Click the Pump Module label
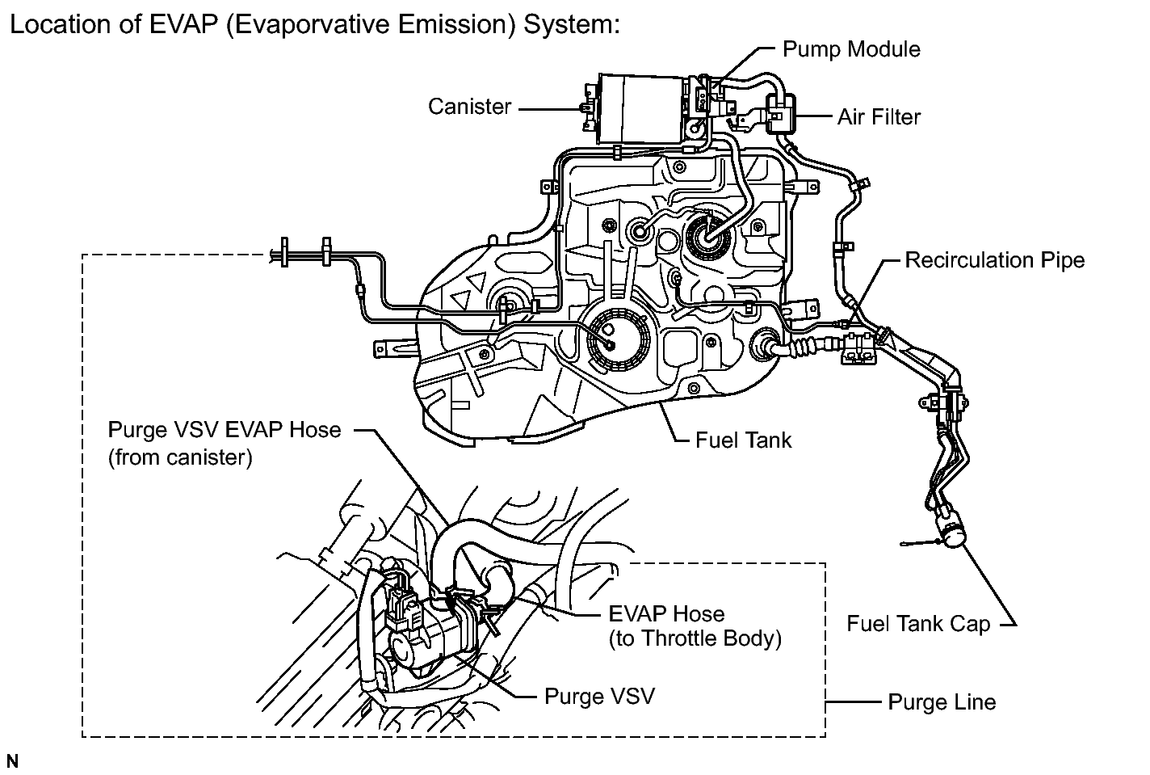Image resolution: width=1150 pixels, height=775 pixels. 851,50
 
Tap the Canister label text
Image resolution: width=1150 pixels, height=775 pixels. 470,107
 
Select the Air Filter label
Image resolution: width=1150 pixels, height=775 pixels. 879,117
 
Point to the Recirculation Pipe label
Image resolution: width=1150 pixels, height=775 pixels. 994,260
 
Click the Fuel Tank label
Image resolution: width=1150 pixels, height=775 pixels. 744,440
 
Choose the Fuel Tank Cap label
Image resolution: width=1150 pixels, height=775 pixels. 918,624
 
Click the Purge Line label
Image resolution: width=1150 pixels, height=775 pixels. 942,702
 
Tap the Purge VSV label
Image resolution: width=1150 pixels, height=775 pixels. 600,697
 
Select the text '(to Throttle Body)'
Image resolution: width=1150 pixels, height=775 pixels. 695,638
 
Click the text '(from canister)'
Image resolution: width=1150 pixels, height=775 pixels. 180,457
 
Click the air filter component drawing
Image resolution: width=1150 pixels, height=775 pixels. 780,113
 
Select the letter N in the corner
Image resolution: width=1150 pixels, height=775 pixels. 12,760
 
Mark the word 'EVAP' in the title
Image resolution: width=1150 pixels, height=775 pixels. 183,25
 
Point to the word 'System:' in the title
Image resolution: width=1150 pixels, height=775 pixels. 572,26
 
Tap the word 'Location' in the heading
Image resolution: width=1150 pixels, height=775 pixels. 61,25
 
